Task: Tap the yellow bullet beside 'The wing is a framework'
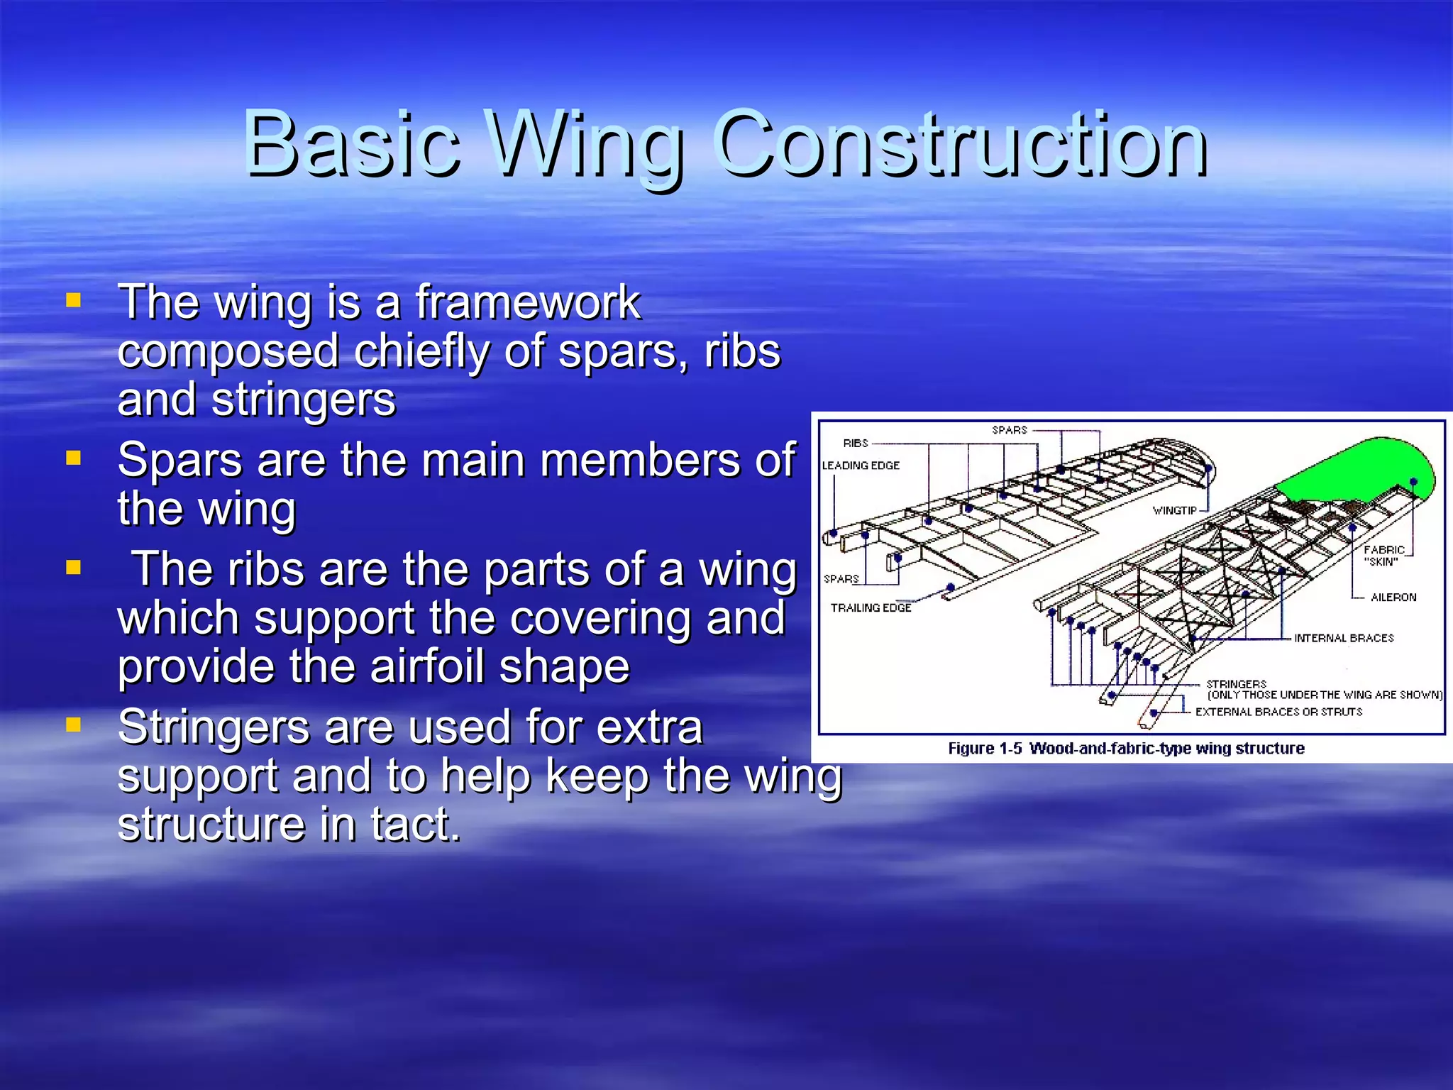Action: click(73, 300)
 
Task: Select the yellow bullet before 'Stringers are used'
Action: click(73, 725)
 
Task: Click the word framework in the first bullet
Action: click(528, 302)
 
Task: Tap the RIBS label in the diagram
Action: click(856, 443)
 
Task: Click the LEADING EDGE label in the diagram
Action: click(861, 466)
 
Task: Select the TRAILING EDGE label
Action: click(871, 607)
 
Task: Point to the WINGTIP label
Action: click(1174, 510)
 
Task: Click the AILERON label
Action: click(1393, 598)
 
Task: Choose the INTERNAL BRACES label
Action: click(1344, 638)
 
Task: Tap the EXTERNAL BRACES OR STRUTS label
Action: click(1278, 712)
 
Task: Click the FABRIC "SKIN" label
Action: click(1383, 556)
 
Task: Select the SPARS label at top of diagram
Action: click(1009, 430)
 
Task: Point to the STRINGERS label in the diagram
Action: click(1236, 683)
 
